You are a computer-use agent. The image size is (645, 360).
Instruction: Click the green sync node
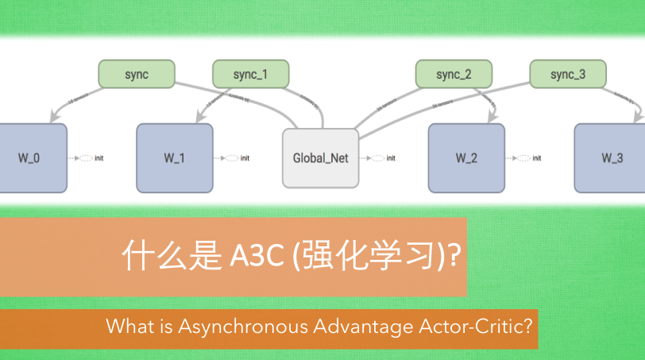(x=137, y=75)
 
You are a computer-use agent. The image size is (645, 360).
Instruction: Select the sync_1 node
(x=250, y=75)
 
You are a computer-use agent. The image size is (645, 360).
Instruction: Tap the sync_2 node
(x=454, y=75)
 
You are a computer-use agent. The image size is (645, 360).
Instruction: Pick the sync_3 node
(x=568, y=75)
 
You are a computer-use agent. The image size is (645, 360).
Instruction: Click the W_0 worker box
(x=29, y=157)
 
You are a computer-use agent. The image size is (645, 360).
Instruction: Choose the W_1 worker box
(x=175, y=157)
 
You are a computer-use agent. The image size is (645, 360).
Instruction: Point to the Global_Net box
(x=321, y=158)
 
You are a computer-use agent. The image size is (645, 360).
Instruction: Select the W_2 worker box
(x=466, y=157)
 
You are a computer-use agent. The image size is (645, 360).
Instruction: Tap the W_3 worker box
(x=612, y=157)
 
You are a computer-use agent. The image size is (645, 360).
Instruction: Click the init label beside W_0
(x=99, y=158)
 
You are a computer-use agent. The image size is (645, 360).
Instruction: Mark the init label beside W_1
(x=245, y=158)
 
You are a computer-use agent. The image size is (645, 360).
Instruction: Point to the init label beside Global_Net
(x=391, y=158)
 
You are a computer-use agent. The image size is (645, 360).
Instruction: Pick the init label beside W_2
(x=537, y=158)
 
